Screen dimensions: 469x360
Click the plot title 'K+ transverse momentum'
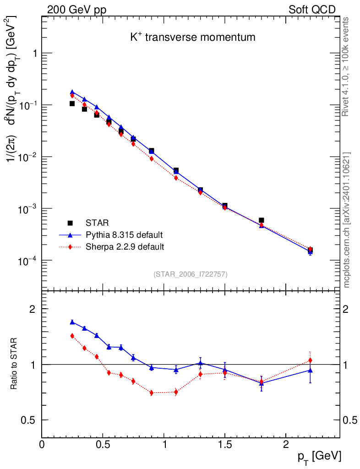[192, 38]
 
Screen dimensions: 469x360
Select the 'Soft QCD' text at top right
[312, 10]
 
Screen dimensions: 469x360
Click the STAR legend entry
[97, 223]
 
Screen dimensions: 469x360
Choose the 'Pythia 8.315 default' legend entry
[124, 235]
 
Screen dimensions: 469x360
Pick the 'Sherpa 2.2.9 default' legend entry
[125, 247]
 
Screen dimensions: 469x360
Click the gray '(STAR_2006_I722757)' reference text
[191, 274]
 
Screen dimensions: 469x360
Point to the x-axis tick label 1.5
[225, 444]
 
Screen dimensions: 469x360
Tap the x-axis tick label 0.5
[103, 444]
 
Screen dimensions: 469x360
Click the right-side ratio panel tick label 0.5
[350, 420]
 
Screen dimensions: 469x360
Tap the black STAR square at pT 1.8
[262, 220]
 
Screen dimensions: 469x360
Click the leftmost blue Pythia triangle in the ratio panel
[72, 322]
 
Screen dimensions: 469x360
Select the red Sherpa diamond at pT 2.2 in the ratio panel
[310, 360]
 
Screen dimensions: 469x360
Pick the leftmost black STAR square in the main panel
[72, 104]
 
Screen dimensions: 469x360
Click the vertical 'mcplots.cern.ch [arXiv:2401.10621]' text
[347, 220]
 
